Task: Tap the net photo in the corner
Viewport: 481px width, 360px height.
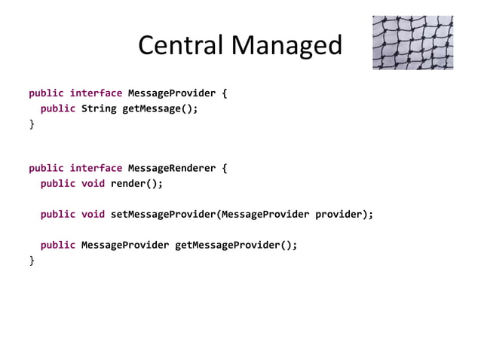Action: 412,42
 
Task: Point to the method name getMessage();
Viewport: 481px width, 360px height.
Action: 161,108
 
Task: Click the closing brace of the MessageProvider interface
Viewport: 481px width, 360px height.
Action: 32,124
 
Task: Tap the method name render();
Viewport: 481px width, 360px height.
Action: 136,183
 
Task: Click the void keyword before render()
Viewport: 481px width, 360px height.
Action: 93,183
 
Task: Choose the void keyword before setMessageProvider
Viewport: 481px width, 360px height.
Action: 93,214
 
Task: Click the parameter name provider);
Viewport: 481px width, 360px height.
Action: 344,214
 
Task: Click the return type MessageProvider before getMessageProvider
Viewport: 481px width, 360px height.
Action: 124,245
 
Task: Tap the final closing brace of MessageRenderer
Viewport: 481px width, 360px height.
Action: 32,260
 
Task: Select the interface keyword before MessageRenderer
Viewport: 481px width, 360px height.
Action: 96,168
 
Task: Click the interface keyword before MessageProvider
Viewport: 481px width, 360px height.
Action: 96,93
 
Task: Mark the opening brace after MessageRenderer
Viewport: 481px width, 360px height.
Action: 224,168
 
